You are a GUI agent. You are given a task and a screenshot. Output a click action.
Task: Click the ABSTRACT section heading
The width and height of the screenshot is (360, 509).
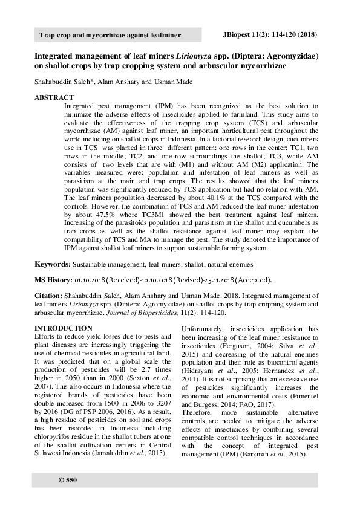pyautogui.click(x=54, y=97)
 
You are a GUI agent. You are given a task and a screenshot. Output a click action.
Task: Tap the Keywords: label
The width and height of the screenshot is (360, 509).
pyautogui.click(x=53, y=265)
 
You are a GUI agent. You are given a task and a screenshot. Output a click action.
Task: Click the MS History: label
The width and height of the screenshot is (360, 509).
pyautogui.click(x=53, y=280)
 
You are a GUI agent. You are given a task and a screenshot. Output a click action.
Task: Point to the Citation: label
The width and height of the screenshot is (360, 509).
pyautogui.click(x=51, y=296)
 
